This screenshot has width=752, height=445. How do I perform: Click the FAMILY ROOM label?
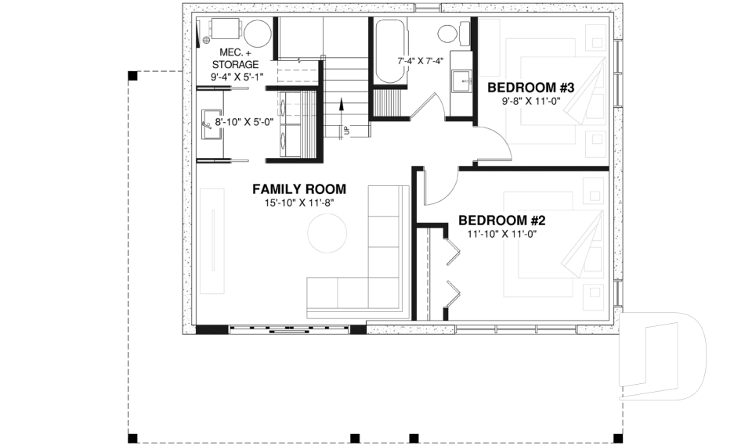click(x=298, y=189)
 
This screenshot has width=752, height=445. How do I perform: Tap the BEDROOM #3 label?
click(x=531, y=87)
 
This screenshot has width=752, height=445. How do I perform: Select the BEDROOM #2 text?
click(x=502, y=220)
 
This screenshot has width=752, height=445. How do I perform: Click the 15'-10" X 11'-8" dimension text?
click(x=298, y=203)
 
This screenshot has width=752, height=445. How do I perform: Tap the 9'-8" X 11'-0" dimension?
click(x=531, y=101)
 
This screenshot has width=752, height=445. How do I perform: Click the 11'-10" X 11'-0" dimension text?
click(x=502, y=233)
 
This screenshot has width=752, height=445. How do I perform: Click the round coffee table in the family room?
click(x=327, y=234)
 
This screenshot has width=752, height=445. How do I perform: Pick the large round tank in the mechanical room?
click(x=257, y=34)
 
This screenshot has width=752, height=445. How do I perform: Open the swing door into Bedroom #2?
click(x=437, y=188)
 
